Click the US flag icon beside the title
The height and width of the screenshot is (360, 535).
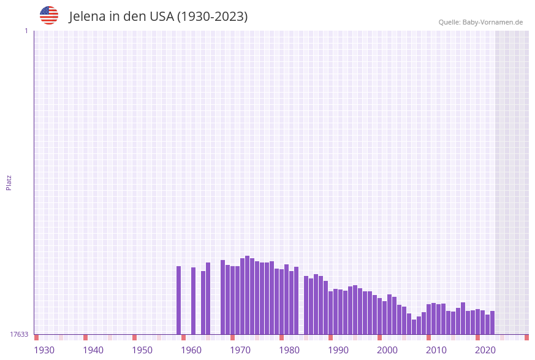coord(49,15)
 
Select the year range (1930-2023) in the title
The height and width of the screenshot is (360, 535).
coord(213,17)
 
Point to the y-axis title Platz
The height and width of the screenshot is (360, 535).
coord(9,182)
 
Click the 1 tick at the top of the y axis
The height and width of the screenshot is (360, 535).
coord(26,31)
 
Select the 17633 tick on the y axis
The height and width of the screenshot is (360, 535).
coord(19,334)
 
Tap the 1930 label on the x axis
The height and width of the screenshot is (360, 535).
coord(44,350)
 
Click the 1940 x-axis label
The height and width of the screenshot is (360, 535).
coord(93,350)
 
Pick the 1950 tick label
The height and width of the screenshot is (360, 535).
coord(142,350)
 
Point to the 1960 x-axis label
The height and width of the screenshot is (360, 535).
coord(191,350)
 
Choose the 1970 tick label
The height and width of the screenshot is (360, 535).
coord(240,350)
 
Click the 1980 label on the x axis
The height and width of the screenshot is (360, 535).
coord(289,350)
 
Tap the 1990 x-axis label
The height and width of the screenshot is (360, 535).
coord(338,350)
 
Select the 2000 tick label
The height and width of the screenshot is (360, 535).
coord(387,350)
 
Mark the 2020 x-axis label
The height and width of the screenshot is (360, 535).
coord(485,350)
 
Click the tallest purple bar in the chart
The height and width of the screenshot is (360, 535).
coord(247,295)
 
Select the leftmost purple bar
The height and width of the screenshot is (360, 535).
coord(179,301)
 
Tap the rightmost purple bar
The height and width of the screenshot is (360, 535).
coord(492,323)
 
